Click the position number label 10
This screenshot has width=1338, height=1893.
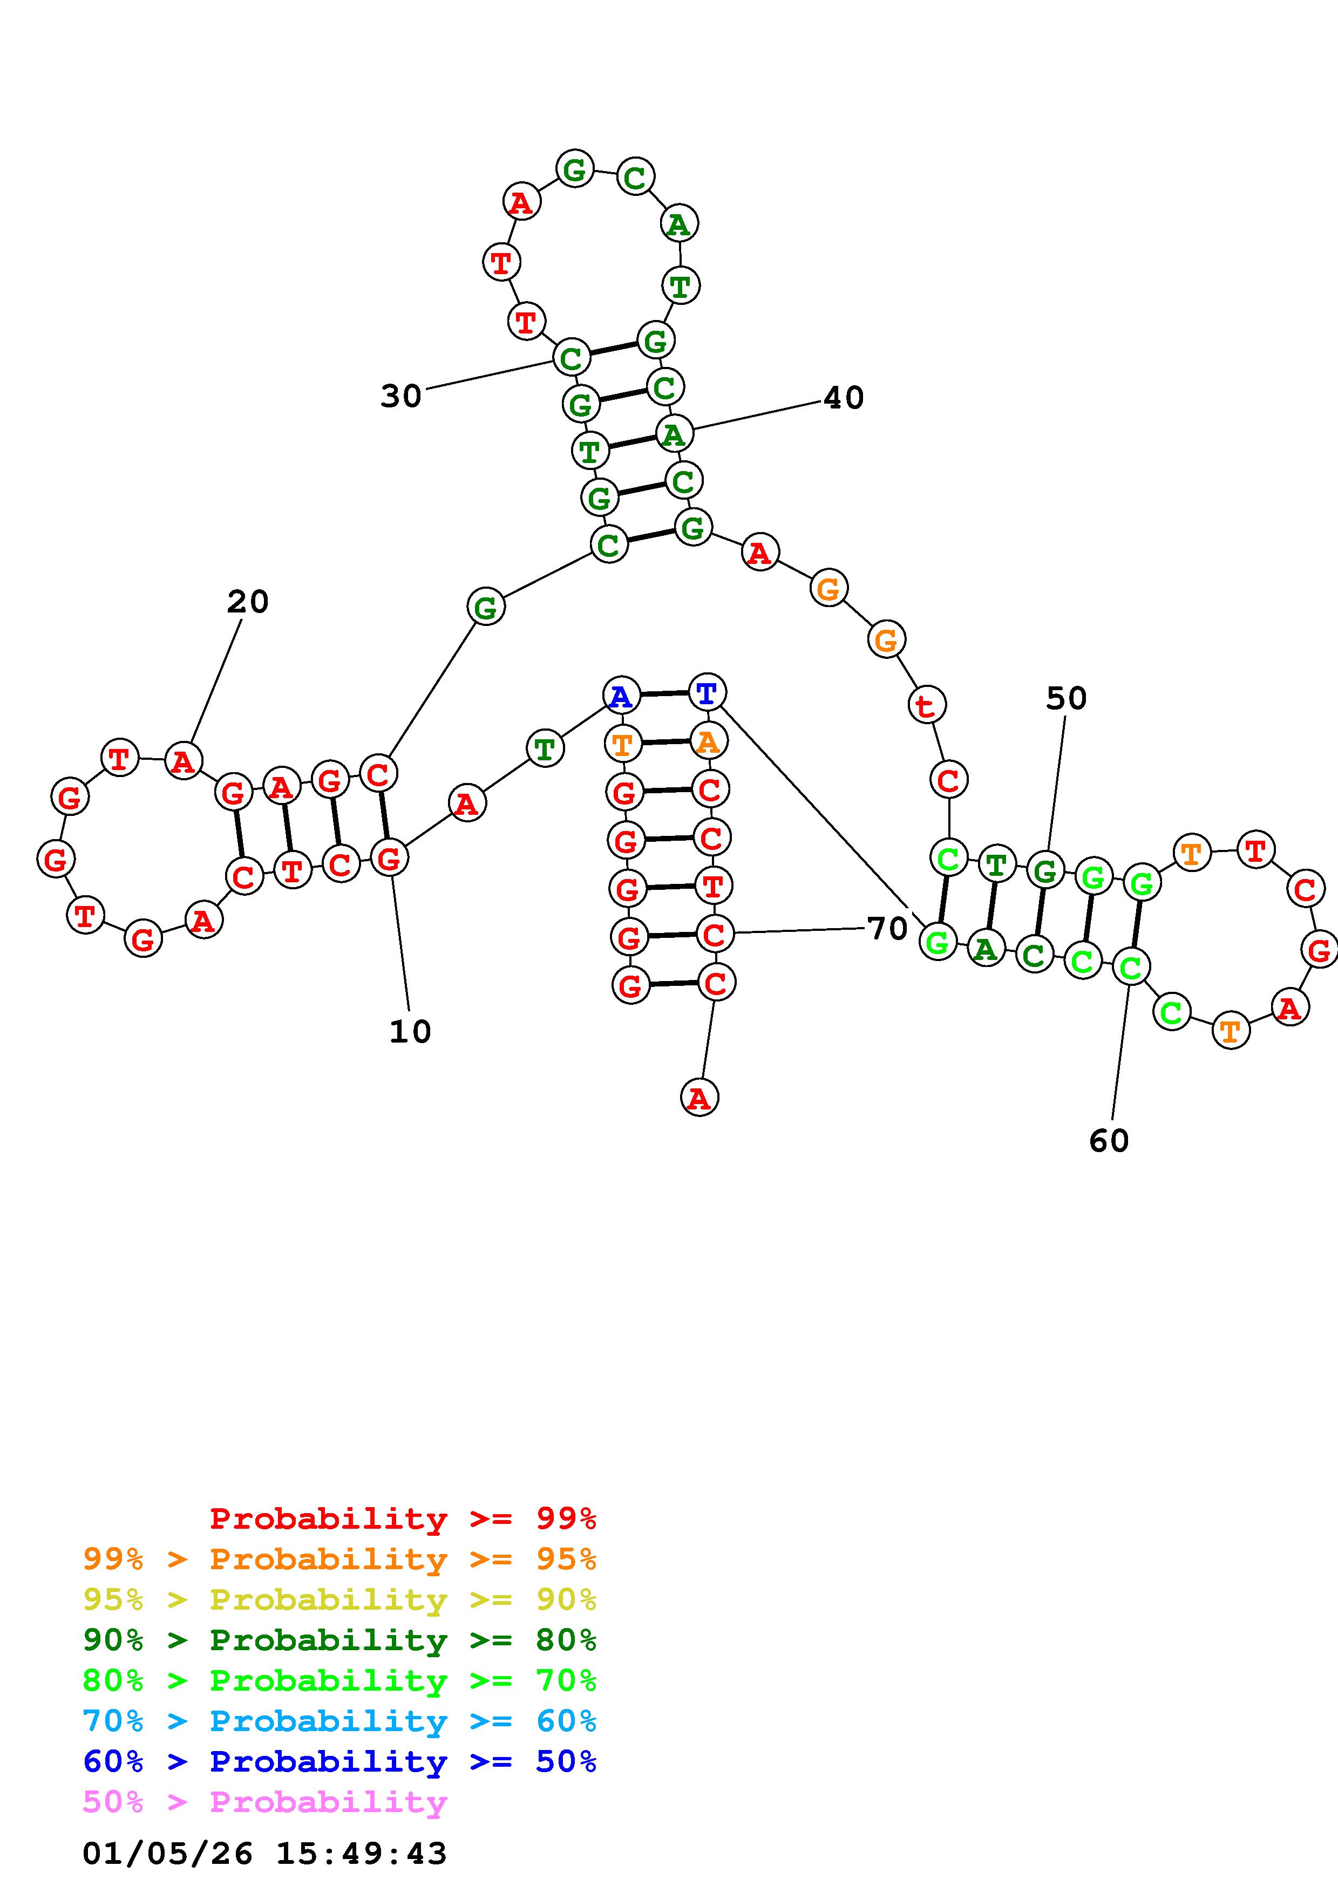point(410,1031)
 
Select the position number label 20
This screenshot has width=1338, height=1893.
point(247,602)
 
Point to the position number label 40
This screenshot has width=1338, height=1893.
point(844,398)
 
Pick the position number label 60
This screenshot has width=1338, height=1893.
point(1109,1141)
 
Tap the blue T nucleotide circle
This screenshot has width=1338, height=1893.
point(707,692)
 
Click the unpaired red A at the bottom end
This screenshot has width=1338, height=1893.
point(699,1098)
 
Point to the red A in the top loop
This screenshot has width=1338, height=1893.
point(521,201)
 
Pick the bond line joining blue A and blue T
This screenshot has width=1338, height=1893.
point(664,694)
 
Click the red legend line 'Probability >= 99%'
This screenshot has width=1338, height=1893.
point(403,1519)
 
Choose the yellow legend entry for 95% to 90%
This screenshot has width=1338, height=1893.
point(339,1599)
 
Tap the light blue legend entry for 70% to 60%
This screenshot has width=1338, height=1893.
point(339,1721)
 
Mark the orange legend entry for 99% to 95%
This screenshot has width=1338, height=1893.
point(339,1559)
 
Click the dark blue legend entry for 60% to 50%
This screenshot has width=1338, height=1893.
point(339,1762)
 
